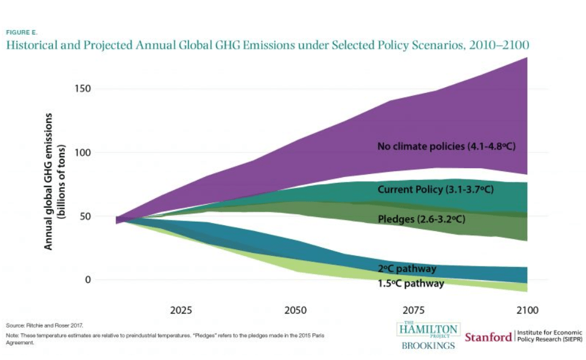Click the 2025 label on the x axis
[181, 309]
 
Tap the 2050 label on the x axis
[295, 309]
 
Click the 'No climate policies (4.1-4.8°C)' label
[447, 146]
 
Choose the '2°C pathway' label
[407, 269]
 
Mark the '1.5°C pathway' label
[411, 284]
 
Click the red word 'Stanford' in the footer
[488, 337]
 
